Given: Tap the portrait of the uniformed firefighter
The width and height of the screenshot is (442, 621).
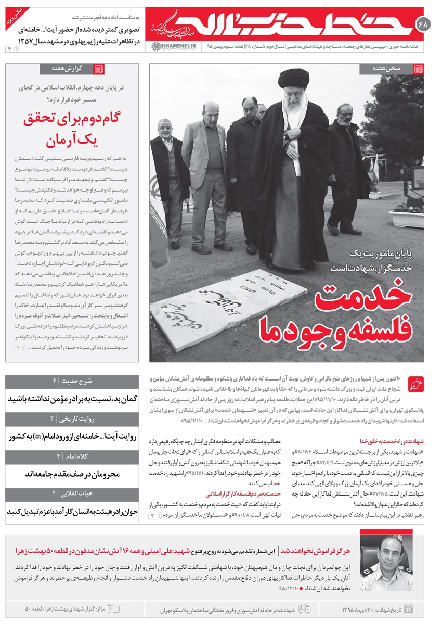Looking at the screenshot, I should (x=386, y=563).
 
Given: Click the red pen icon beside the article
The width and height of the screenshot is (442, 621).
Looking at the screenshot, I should (x=416, y=385).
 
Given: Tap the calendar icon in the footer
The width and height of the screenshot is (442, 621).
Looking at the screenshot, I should (x=408, y=609).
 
